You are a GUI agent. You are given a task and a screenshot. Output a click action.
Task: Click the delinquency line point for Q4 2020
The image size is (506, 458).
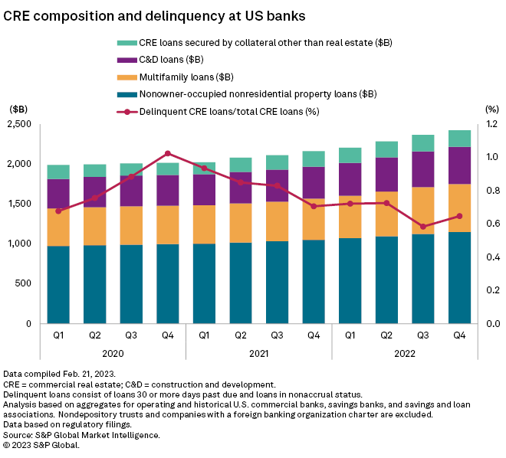click(x=168, y=153)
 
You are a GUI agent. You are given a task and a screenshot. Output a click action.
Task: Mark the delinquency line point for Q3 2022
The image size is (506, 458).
click(x=423, y=227)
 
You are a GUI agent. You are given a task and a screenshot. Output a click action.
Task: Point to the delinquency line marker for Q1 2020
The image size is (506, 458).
click(x=58, y=211)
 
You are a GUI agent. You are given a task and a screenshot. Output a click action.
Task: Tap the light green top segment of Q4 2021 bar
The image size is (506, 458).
click(x=314, y=159)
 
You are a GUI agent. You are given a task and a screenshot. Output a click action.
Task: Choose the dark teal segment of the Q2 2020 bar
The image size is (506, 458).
click(x=95, y=284)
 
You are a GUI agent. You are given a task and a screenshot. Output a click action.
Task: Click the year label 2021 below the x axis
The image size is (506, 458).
click(x=258, y=353)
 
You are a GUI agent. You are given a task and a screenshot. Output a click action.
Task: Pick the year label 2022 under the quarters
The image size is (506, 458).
click(x=405, y=353)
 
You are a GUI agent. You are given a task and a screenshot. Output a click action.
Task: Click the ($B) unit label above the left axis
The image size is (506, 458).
click(x=18, y=109)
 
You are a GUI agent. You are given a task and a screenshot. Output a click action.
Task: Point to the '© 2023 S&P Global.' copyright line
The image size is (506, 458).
click(x=52, y=445)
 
